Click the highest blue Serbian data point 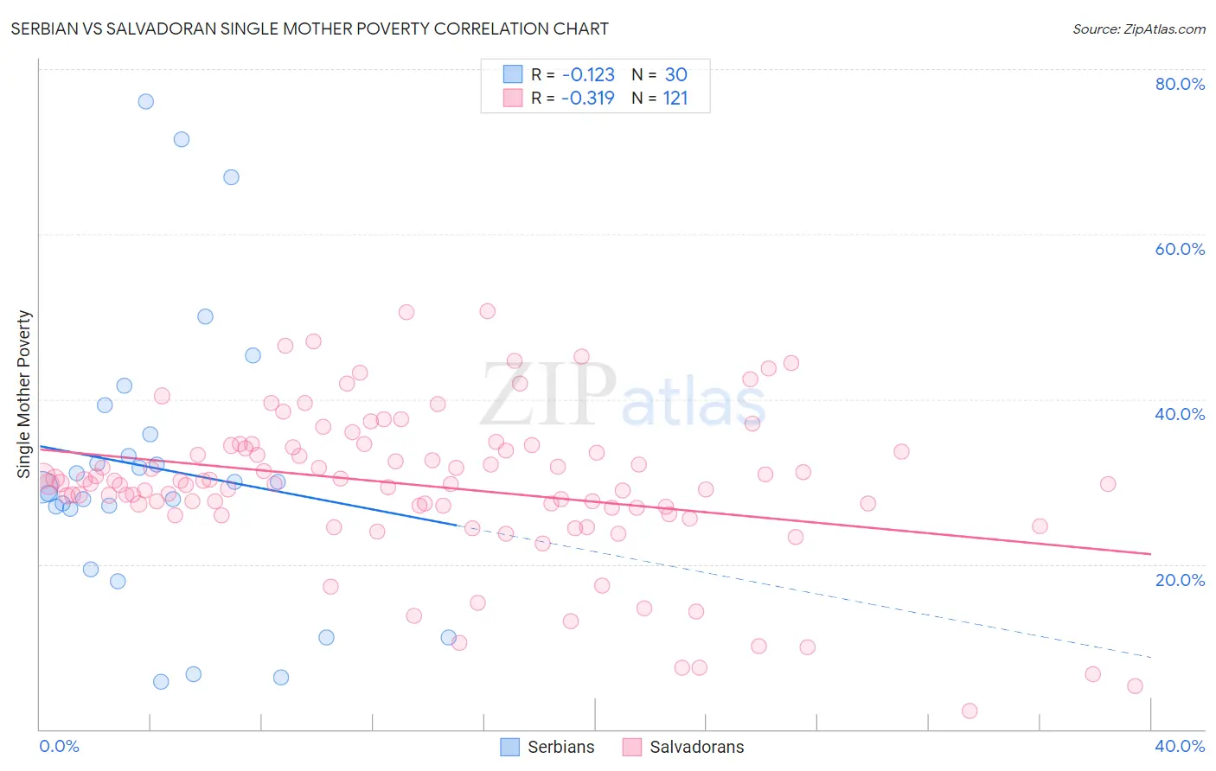click(146, 101)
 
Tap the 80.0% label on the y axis click(1180, 84)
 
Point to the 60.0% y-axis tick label click(1180, 249)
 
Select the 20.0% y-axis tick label click(1180, 579)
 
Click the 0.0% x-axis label click(59, 746)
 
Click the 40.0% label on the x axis click(1180, 746)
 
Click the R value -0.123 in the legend click(588, 74)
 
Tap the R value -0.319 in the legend click(588, 98)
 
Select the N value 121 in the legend click(675, 98)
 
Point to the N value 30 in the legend click(675, 74)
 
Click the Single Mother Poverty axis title click(24, 394)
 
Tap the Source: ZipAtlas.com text click(1138, 29)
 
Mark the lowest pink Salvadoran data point click(970, 710)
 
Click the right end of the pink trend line click(1150, 553)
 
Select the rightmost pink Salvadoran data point click(1135, 685)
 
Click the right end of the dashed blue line click(1150, 657)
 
